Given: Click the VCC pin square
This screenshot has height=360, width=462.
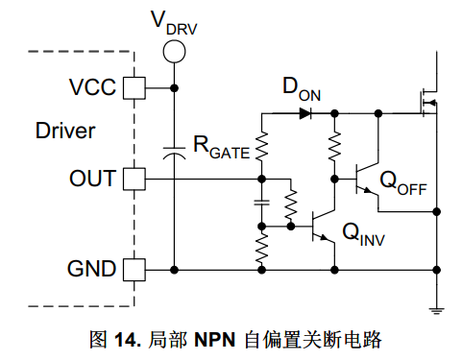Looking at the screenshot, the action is tap(134, 88).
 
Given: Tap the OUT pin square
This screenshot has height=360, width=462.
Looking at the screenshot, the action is tap(134, 180).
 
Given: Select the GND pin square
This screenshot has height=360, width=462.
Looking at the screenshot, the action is tap(134, 270).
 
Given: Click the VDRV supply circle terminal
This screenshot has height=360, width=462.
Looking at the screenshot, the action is tap(174, 52).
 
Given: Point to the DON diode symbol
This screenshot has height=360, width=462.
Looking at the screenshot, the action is tap(305, 113).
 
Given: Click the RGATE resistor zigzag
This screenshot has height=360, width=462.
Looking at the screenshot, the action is tap(262, 146).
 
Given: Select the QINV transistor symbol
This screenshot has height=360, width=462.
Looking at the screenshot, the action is tap(323, 226).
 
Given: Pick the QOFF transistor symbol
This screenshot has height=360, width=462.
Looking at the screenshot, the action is tap(366, 179).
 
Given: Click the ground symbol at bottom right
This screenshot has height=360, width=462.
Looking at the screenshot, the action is tap(436, 310).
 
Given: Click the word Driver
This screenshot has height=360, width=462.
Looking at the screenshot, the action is tap(65, 131).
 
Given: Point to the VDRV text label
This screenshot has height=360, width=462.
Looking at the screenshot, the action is tap(174, 22).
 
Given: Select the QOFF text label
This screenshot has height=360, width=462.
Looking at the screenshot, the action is tap(403, 183).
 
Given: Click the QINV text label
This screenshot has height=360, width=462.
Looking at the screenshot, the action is tap(363, 234).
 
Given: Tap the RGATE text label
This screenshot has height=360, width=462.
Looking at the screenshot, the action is tap(222, 147).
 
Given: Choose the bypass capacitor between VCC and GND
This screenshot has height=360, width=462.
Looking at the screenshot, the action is tap(174, 153).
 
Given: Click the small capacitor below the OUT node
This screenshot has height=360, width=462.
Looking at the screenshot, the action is tap(262, 203).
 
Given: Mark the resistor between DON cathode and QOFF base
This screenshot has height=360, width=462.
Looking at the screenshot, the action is tap(334, 146).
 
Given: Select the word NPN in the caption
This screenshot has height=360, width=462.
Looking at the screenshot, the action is tap(215, 340).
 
